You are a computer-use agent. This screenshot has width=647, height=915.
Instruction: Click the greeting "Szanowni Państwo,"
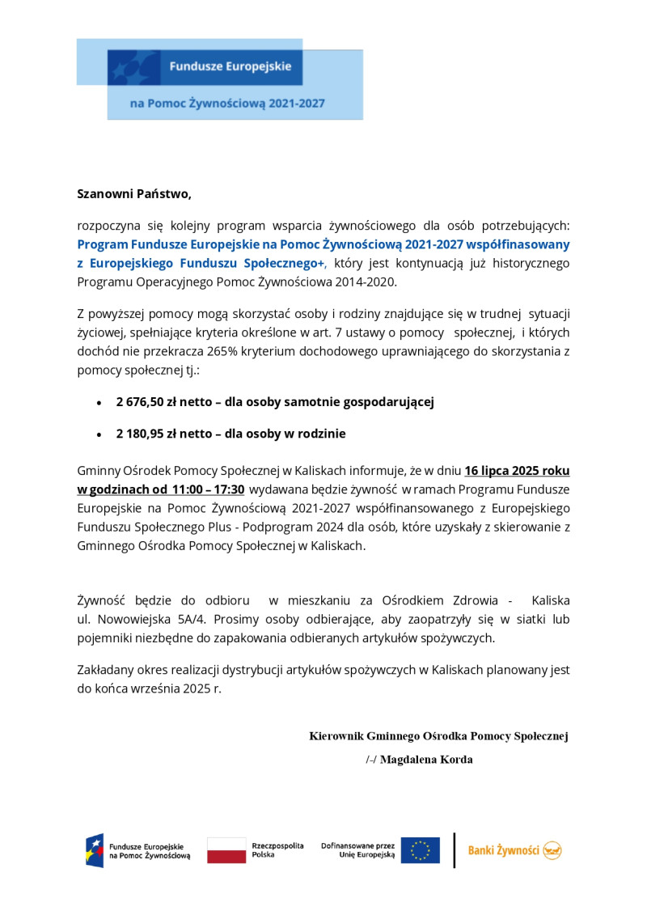pos(134,194)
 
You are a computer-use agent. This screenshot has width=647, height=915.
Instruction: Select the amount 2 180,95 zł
pos(154,434)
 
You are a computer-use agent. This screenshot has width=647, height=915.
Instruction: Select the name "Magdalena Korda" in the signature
pos(426,760)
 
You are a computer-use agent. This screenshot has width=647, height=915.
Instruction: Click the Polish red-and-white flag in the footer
pos(226,850)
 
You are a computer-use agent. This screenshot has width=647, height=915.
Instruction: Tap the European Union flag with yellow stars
pos(421,850)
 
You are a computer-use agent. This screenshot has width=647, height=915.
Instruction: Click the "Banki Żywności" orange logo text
pos(504,850)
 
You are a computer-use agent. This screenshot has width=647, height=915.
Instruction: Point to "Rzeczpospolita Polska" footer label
pos(277,849)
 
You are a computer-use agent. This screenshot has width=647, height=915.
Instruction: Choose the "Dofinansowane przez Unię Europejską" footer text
pos(357,849)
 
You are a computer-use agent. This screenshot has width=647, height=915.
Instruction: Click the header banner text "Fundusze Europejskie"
pos(230,66)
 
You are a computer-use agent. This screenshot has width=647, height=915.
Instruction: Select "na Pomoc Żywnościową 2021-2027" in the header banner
pos(227,104)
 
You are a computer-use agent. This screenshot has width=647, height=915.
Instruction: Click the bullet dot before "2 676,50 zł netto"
pos(99,403)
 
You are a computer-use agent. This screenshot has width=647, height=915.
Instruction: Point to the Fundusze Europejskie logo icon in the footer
pos(95,850)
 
